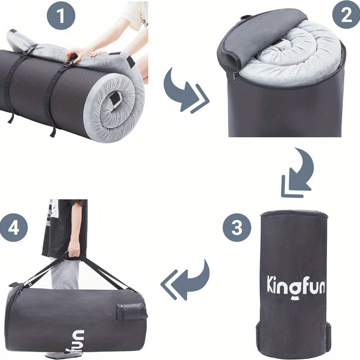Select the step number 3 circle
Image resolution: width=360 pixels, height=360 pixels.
[237, 228]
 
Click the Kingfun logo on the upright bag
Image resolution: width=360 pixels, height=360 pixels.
[295, 285]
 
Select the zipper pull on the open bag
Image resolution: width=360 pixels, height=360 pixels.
[234, 76]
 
